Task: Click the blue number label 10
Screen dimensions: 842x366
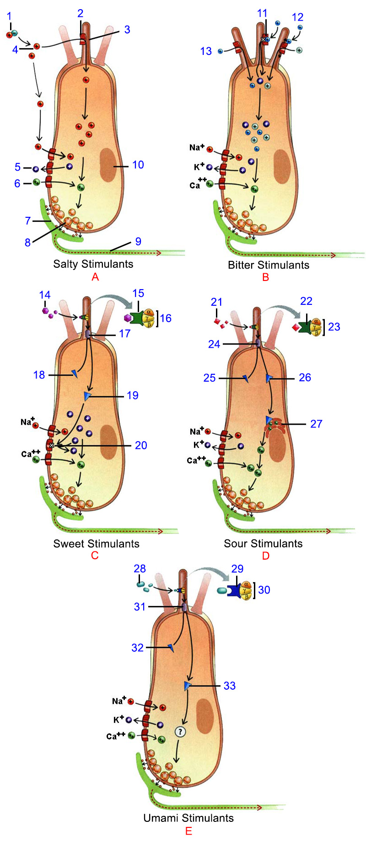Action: (138, 165)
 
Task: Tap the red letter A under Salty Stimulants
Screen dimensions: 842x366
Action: (95, 277)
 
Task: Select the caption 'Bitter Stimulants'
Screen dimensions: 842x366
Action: (269, 265)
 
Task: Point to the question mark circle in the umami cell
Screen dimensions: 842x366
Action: (180, 732)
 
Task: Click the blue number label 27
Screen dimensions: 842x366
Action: (316, 424)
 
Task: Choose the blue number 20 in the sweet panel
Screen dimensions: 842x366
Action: (141, 445)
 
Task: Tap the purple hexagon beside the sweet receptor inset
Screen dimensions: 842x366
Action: (128, 318)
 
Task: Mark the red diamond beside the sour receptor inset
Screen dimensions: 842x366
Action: (296, 327)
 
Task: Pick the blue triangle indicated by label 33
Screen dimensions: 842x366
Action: (187, 685)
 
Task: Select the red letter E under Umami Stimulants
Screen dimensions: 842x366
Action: (188, 831)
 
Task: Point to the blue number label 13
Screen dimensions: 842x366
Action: (206, 51)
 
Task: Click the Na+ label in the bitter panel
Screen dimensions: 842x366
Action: (197, 147)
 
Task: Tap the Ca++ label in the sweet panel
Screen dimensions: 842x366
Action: (31, 454)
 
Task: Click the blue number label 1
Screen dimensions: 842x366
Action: (9, 17)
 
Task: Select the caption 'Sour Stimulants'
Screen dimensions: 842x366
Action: (263, 544)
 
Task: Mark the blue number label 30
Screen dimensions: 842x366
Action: (264, 590)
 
